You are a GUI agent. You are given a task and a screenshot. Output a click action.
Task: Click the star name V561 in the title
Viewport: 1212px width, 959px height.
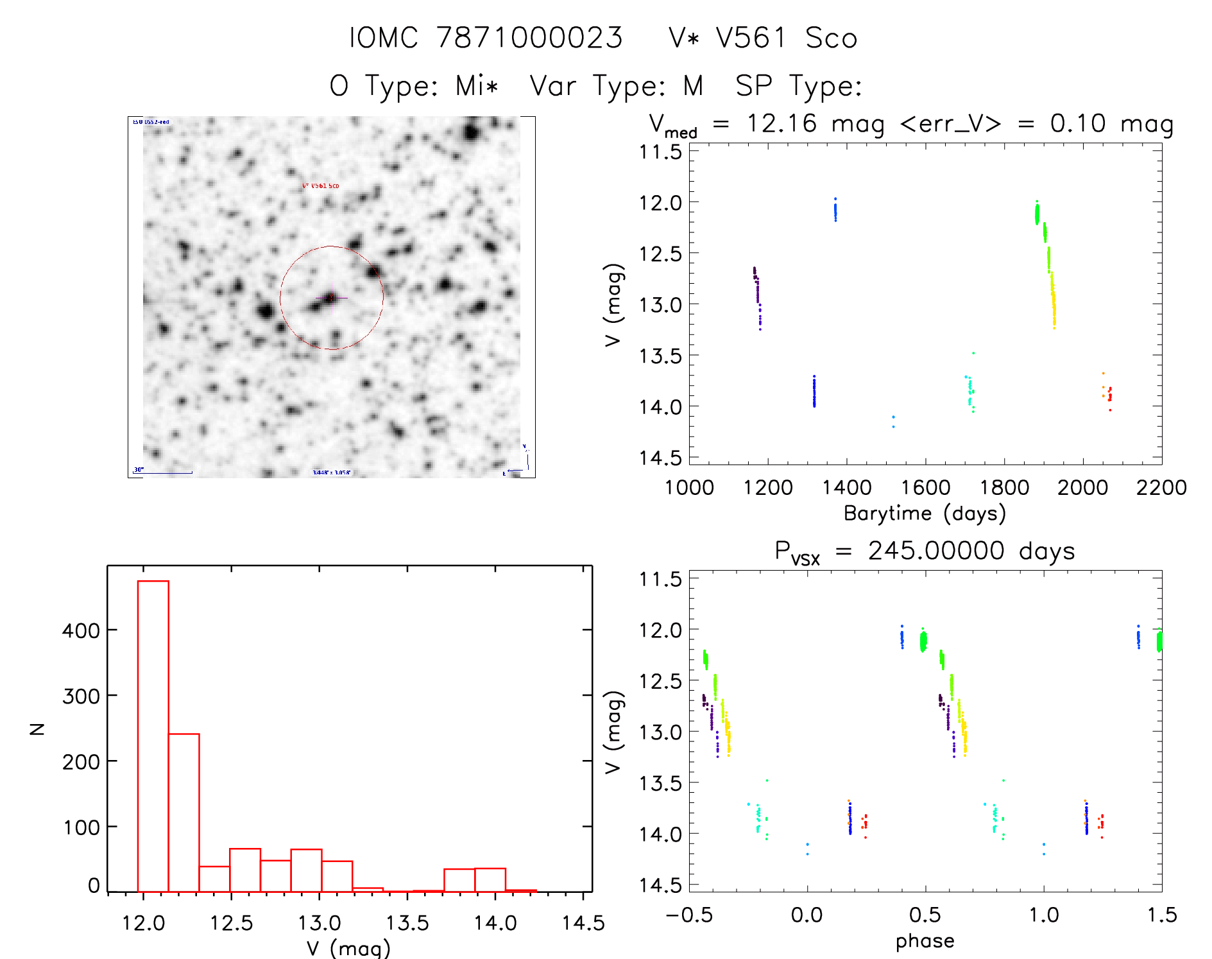751,38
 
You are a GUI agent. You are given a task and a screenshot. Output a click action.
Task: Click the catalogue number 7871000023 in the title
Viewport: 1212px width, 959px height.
529,38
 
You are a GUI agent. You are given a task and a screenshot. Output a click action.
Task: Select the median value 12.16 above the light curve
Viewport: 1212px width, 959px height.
781,123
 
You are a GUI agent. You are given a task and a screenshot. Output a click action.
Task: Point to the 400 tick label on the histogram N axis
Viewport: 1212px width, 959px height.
81,630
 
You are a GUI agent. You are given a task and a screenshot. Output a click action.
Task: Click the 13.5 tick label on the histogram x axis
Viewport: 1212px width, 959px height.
407,923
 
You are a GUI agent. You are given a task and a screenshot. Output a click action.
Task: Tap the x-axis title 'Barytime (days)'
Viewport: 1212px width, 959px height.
925,514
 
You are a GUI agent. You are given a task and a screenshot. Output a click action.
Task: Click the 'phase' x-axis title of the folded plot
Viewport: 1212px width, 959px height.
925,941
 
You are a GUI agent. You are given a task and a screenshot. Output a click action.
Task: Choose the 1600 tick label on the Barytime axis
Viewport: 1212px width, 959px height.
925,487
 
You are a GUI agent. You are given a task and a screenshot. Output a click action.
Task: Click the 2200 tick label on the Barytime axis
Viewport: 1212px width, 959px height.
1161,487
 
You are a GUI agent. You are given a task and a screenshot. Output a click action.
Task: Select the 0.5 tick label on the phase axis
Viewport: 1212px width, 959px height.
925,915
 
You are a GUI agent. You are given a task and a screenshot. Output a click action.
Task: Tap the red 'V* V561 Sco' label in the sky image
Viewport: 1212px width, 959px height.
321,186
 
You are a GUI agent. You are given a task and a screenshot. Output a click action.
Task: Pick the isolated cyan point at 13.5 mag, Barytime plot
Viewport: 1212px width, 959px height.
973,353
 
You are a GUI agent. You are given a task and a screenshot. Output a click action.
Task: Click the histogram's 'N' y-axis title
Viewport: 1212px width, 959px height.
37,729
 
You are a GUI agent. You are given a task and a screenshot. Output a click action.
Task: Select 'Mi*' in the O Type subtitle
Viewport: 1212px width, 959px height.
477,85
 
